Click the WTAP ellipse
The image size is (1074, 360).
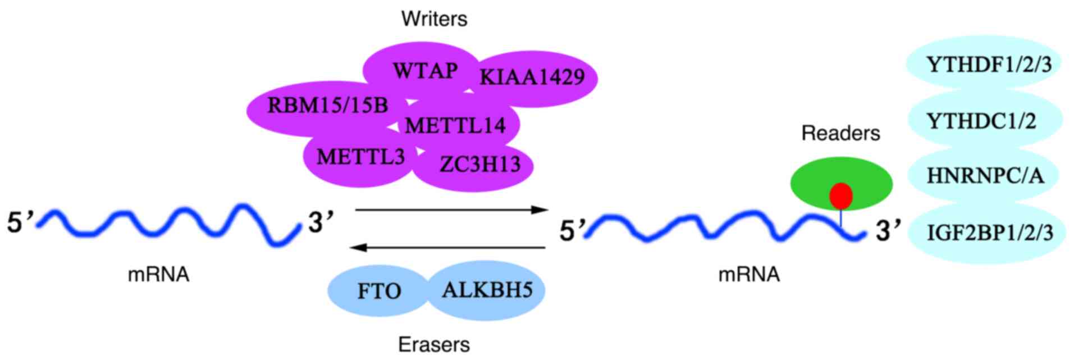424,71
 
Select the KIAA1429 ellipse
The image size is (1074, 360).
532,77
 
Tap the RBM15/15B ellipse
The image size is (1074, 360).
327,105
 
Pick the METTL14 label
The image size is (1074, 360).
455,125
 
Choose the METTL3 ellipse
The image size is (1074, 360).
360,157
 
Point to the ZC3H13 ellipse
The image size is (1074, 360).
480,165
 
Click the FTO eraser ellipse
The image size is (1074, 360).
379,291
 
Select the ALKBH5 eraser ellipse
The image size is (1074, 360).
487,290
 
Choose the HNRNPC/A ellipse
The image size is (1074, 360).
985,176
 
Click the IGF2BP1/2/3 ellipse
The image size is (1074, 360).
989,232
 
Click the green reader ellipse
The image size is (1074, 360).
814,183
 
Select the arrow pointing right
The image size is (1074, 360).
451,210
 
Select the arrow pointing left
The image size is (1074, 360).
447,247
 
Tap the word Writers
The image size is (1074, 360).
434,19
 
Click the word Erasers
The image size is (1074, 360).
434,344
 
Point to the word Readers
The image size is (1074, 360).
840,133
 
